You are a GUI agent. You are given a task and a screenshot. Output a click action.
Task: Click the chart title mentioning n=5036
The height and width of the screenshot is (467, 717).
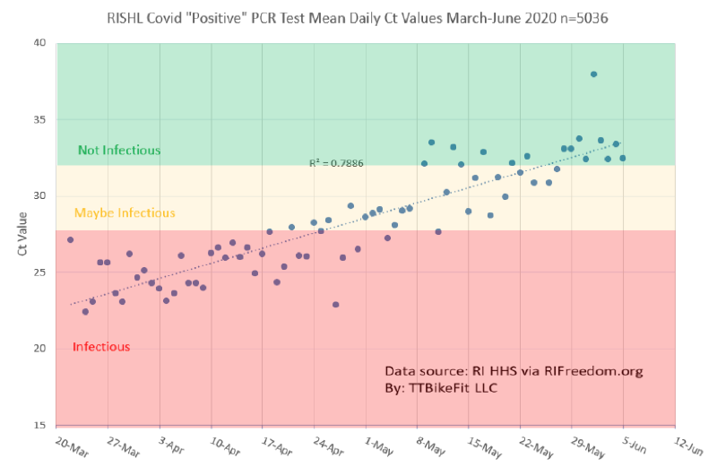click(x=357, y=18)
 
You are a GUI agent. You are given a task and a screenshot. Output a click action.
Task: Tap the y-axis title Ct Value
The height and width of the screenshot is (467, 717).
click(x=22, y=234)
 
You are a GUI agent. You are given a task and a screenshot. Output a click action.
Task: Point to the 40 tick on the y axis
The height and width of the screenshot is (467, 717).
click(x=39, y=42)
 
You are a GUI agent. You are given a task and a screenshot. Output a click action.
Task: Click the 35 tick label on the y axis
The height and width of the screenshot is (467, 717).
click(x=39, y=119)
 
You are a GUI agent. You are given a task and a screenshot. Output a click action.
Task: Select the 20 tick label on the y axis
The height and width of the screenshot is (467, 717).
click(x=39, y=348)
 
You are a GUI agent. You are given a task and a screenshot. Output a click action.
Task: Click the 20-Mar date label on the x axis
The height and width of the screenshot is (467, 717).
click(x=73, y=446)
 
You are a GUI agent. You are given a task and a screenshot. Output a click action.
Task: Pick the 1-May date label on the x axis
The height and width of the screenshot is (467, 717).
click(x=379, y=446)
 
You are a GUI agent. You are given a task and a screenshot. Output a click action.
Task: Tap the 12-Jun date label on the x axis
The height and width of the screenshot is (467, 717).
click(x=688, y=445)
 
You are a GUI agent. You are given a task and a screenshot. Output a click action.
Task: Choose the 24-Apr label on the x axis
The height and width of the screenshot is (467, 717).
click(x=328, y=446)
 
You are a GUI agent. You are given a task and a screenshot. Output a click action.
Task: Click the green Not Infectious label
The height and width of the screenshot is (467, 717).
click(x=119, y=150)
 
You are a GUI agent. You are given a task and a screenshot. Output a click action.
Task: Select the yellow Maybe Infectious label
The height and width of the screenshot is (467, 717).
click(x=125, y=212)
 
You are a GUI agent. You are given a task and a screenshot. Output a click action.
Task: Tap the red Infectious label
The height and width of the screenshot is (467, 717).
click(x=101, y=347)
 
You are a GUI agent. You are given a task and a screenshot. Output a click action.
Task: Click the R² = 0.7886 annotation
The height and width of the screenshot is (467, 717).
click(x=337, y=163)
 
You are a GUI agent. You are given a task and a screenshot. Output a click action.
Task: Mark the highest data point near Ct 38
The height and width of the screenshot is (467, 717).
click(x=593, y=74)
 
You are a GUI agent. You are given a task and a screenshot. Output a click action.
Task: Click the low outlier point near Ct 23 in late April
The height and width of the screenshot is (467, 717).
click(x=335, y=305)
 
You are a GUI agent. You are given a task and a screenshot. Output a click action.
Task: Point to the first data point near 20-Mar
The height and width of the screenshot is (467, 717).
click(x=71, y=239)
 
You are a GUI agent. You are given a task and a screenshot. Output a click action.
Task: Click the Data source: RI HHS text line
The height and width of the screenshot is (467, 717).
click(x=514, y=371)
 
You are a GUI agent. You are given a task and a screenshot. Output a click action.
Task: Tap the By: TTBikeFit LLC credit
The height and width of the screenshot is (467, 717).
click(x=441, y=388)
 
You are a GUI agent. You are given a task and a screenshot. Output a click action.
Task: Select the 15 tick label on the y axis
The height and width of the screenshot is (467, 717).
click(x=39, y=425)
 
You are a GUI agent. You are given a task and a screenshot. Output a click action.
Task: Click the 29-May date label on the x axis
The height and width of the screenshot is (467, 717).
click(x=588, y=447)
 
